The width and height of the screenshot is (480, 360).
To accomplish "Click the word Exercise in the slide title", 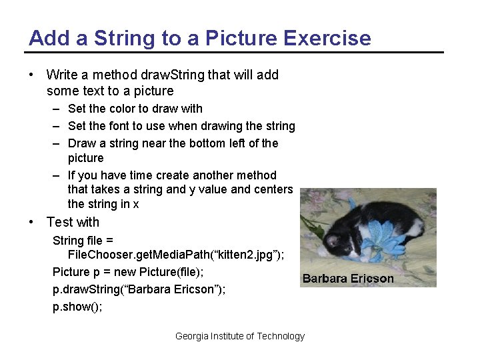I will [x=327, y=38].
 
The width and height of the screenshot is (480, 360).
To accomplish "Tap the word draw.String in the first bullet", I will [x=170, y=75].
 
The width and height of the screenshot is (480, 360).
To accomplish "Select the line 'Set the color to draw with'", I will [x=135, y=109].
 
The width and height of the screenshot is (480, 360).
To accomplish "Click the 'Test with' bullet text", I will [x=73, y=222].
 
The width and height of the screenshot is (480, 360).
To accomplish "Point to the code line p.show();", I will [x=77, y=307].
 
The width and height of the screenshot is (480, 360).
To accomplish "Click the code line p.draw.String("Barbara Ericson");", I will [x=139, y=289].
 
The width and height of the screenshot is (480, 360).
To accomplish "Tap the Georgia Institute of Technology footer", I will [x=239, y=337].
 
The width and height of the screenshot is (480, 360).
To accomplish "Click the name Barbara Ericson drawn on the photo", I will [x=348, y=279].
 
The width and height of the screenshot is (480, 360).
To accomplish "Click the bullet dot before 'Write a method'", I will [x=32, y=75].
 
